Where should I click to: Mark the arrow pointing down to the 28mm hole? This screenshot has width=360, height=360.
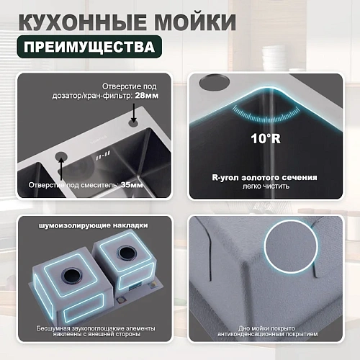tap(135, 109)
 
